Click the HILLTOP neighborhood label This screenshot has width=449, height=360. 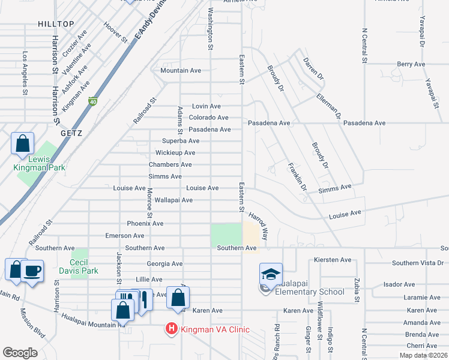[x=56, y=24]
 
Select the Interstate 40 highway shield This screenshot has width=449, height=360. [x=92, y=102]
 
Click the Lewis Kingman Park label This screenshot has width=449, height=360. [x=39, y=163]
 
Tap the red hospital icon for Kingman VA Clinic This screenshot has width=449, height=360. [x=171, y=329]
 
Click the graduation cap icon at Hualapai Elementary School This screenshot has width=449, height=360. [x=271, y=274]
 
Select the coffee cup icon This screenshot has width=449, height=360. [x=32, y=271]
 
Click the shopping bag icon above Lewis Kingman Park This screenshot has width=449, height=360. [x=22, y=143]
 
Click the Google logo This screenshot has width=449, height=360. [x=20, y=353]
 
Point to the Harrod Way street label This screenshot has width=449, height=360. [x=259, y=226]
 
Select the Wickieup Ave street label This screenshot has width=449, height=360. [x=175, y=153]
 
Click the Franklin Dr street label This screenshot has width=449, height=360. [x=297, y=178]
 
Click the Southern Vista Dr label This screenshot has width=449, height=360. [x=418, y=263]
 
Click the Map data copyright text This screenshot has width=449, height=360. [x=424, y=355]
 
